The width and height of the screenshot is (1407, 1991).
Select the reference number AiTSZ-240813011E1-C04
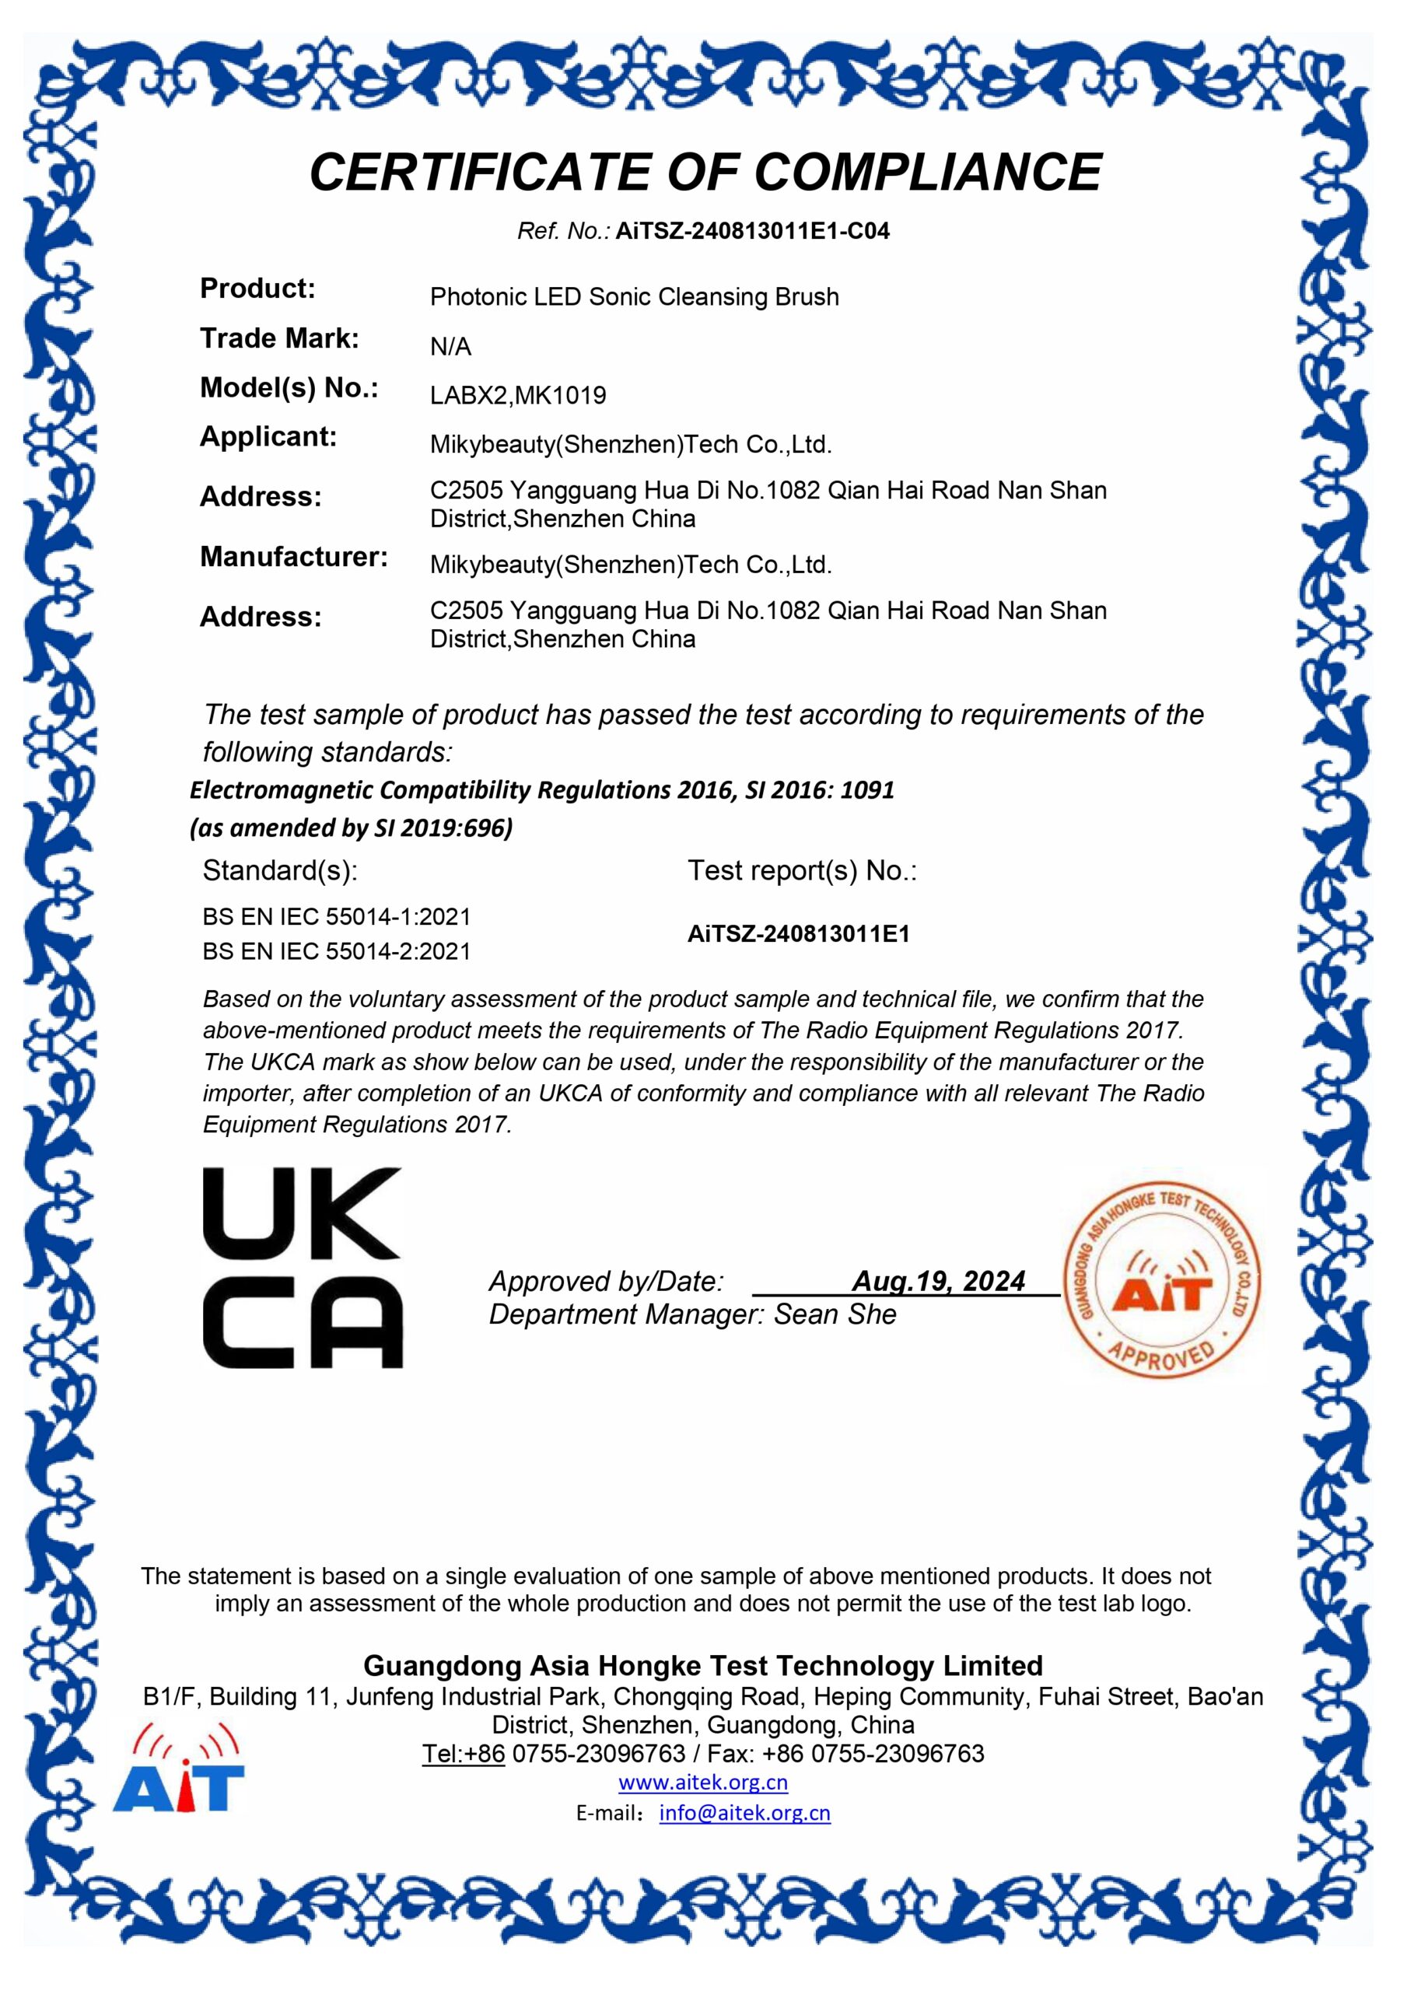[752, 232]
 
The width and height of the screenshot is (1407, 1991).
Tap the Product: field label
[257, 288]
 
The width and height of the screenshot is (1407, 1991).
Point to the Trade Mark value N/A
[450, 347]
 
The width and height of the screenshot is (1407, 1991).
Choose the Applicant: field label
[268, 436]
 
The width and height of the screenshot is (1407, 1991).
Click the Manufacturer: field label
[294, 557]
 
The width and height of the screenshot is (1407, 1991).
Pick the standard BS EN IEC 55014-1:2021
[337, 917]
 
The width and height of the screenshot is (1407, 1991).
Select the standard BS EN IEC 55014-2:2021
[337, 951]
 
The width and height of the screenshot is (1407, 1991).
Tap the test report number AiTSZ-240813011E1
[798, 934]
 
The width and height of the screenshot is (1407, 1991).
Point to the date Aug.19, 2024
[939, 1281]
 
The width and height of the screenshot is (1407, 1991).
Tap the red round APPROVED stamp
[1161, 1282]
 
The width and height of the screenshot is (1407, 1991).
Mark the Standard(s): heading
[279, 870]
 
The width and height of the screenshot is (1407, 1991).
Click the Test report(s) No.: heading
[802, 870]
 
